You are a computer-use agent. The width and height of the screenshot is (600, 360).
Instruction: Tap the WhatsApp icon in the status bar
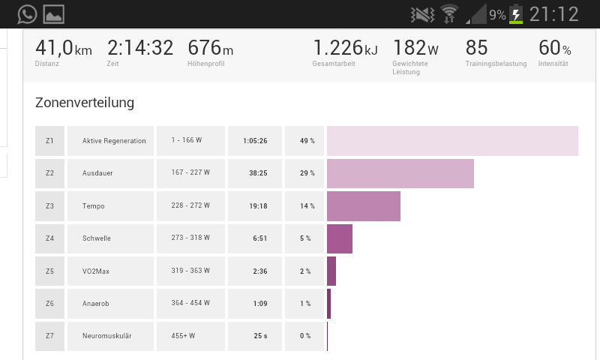tap(27, 13)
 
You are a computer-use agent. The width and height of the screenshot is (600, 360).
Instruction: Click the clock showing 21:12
tap(554, 14)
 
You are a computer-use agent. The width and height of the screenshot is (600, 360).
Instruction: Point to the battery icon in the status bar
tap(516, 14)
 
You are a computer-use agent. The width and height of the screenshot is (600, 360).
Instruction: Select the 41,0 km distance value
tap(63, 48)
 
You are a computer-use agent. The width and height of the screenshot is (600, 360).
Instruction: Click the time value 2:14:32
tap(140, 48)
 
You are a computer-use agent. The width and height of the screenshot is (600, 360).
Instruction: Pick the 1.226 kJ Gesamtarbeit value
tap(345, 48)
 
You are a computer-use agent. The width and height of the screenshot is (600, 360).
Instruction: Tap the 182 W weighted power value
tap(415, 48)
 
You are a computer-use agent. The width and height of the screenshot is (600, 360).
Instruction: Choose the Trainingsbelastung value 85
tap(477, 48)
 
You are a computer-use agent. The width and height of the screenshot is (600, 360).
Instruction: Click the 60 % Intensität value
tap(554, 48)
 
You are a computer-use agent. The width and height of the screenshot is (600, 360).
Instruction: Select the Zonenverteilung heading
tap(85, 103)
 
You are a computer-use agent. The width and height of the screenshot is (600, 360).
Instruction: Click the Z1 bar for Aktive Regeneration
tap(452, 141)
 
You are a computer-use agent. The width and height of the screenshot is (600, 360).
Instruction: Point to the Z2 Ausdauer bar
tap(400, 173)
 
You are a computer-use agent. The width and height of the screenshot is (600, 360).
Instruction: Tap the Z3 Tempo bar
tap(363, 206)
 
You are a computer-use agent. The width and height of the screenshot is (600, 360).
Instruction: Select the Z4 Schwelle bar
tap(339, 238)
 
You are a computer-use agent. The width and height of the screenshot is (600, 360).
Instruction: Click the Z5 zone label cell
tap(49, 271)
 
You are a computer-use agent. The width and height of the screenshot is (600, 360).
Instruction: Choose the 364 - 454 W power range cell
tap(190, 303)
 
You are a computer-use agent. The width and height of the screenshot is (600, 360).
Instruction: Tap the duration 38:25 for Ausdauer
tap(255, 173)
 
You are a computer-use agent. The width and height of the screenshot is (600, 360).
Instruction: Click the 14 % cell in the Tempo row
tap(304, 206)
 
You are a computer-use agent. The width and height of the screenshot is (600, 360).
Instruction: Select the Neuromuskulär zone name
tap(107, 336)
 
